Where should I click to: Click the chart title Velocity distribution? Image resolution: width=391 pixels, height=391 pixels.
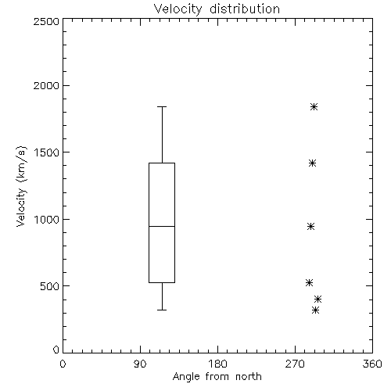(217, 9)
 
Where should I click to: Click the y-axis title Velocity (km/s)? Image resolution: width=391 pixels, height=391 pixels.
(21, 186)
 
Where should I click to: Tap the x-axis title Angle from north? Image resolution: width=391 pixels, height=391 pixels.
(217, 376)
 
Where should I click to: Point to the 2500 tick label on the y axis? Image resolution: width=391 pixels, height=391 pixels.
(46, 21)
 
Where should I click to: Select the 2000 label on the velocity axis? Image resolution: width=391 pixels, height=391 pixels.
(46, 85)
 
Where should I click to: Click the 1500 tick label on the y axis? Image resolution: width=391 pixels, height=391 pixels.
(47, 152)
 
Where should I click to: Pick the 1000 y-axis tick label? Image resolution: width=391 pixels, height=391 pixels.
(47, 220)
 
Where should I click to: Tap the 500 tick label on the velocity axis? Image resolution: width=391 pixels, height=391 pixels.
(50, 286)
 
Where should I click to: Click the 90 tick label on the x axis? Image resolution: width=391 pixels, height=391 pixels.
(140, 364)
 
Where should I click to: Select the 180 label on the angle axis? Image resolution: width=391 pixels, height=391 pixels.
(217, 364)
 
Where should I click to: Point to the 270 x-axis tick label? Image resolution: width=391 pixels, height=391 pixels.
(295, 364)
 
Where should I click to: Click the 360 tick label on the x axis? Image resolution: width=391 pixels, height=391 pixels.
(372, 364)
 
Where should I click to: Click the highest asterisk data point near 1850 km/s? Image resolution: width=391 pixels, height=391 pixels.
(314, 106)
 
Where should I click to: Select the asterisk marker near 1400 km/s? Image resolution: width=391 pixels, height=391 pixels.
(312, 163)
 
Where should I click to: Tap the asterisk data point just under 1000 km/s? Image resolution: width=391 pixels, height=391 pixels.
(310, 226)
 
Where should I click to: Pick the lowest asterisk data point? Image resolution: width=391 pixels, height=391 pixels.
(315, 310)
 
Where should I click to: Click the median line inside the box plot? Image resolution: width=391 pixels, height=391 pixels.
(162, 226)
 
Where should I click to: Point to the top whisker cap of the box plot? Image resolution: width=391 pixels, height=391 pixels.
(162, 106)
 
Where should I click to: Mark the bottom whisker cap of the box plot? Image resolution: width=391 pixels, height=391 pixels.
(162, 310)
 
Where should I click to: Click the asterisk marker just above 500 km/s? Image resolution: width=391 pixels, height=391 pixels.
(309, 282)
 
